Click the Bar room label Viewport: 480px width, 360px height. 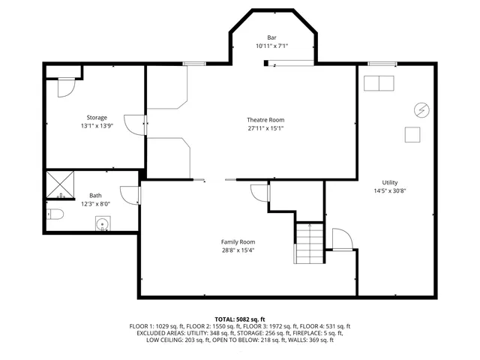271,37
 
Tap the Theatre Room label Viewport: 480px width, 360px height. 265,120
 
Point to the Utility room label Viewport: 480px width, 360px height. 389,182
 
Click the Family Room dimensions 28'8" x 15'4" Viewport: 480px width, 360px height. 238,250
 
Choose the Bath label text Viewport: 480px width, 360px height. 95,195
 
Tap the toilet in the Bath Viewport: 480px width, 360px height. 54,215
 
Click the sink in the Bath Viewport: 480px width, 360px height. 102,223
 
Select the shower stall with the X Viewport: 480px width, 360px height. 58,184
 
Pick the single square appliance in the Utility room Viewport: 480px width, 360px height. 412,134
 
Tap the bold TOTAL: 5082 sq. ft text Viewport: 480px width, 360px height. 239,319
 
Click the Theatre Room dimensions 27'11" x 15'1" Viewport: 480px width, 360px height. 265,128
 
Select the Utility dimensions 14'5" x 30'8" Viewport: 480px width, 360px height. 389,190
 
